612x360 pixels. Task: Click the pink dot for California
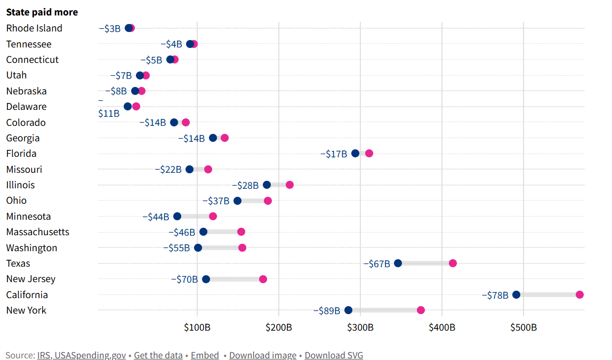pos(579,295)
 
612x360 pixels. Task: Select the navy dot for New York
pos(348,310)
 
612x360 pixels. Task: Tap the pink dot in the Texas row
pos(453,263)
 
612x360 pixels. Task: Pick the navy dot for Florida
pos(356,154)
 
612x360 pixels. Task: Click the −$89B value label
pos(326,310)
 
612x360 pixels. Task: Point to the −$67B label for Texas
pos(376,263)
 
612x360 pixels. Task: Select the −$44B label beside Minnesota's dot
pos(156,217)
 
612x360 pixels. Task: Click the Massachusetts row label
pos(38,232)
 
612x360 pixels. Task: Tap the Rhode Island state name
pos(34,28)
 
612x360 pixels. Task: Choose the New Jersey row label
pos(31,279)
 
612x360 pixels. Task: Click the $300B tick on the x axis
pos(360,327)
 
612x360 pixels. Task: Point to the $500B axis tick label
pos(523,327)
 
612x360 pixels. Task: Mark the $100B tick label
pos(197,327)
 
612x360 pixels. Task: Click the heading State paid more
pos(42,12)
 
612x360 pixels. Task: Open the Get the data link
pos(158,355)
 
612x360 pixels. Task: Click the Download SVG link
pos(334,355)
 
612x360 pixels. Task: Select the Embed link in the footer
pos(205,355)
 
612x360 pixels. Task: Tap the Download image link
pos(263,355)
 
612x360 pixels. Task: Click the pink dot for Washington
pos(242,247)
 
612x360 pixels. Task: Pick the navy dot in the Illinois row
pos(267,185)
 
